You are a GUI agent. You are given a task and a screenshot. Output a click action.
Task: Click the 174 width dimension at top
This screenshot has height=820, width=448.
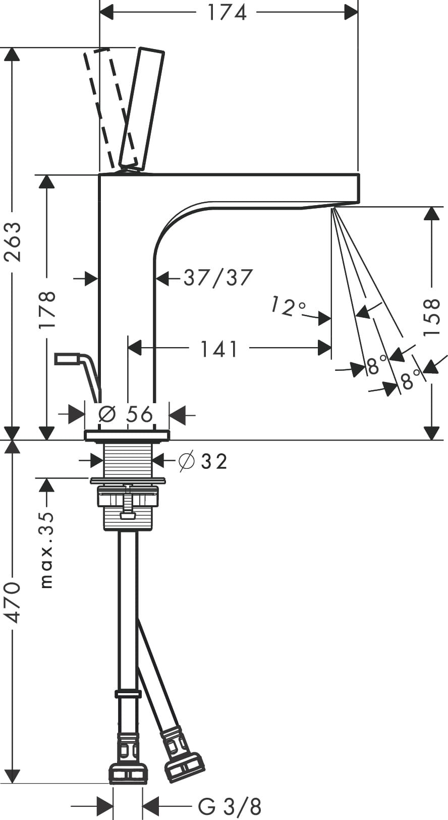[x=227, y=12]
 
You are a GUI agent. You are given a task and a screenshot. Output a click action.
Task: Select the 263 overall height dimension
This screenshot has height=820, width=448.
[x=13, y=241]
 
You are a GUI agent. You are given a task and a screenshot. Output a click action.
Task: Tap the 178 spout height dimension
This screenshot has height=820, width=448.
[x=47, y=309]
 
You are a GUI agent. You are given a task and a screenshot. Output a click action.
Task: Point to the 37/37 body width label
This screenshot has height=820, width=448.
[x=217, y=277]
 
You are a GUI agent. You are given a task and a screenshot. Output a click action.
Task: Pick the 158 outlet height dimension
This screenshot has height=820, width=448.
[x=432, y=317]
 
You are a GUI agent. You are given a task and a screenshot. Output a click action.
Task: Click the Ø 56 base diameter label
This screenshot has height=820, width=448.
[x=126, y=414]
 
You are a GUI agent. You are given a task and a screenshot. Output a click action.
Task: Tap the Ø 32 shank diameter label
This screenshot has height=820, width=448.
[x=203, y=460]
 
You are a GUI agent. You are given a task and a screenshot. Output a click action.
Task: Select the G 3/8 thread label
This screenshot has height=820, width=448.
[x=229, y=805]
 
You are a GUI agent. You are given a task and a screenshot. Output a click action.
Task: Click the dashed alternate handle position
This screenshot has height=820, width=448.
[x=107, y=106]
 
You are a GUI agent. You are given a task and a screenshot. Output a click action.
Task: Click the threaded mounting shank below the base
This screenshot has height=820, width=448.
[x=128, y=460]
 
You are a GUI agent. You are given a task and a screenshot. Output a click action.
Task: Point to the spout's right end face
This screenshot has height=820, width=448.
[x=358, y=188]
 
